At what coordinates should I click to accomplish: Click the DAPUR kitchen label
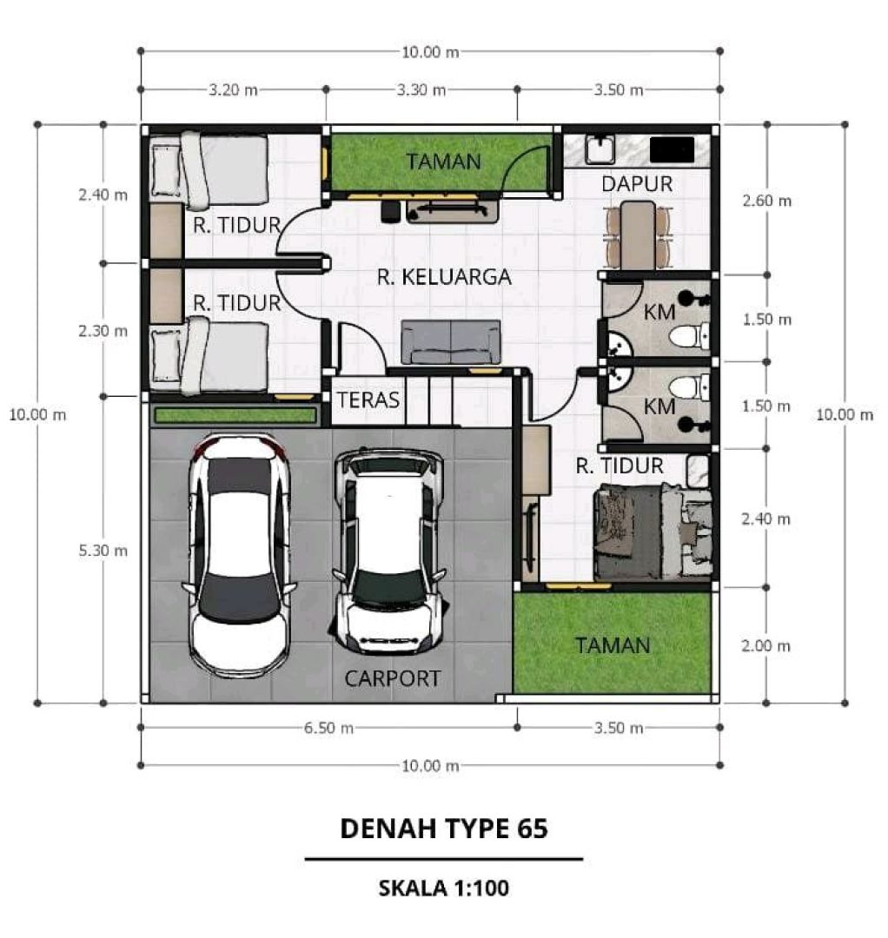(x=637, y=183)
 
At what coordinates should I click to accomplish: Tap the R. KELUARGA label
(x=444, y=277)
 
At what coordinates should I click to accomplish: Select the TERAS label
(x=368, y=400)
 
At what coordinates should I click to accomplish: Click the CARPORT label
(x=393, y=678)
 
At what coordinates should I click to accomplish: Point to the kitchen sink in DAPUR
(x=600, y=149)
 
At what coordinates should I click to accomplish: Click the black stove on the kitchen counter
(x=672, y=149)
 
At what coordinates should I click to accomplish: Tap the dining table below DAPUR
(x=638, y=235)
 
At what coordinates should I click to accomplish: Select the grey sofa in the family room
(x=451, y=341)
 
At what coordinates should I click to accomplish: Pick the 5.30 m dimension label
(x=103, y=551)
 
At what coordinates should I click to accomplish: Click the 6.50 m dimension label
(x=328, y=728)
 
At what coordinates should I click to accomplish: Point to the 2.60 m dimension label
(x=766, y=201)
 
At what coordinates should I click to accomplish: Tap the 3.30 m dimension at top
(x=421, y=89)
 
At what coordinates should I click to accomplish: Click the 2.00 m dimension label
(x=766, y=645)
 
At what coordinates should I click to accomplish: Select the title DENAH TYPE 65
(x=444, y=829)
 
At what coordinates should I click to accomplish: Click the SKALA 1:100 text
(x=444, y=888)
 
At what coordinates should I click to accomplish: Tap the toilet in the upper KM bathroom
(x=689, y=335)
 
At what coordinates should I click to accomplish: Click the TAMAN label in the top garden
(x=443, y=162)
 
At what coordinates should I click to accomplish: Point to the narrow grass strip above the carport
(x=235, y=414)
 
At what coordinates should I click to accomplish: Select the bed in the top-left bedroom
(x=209, y=170)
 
